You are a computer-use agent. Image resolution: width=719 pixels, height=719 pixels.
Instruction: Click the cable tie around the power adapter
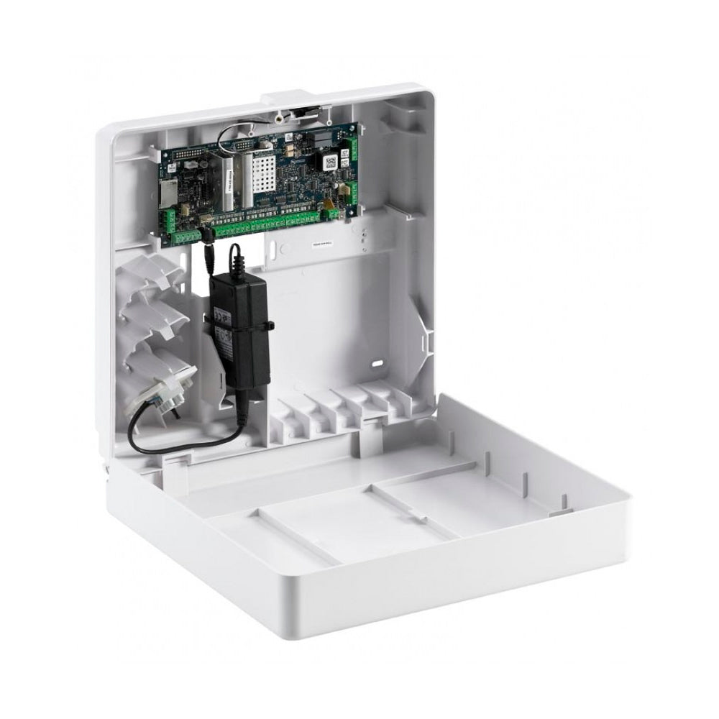[268, 326]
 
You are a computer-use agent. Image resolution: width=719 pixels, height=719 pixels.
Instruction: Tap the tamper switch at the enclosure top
[305, 112]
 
